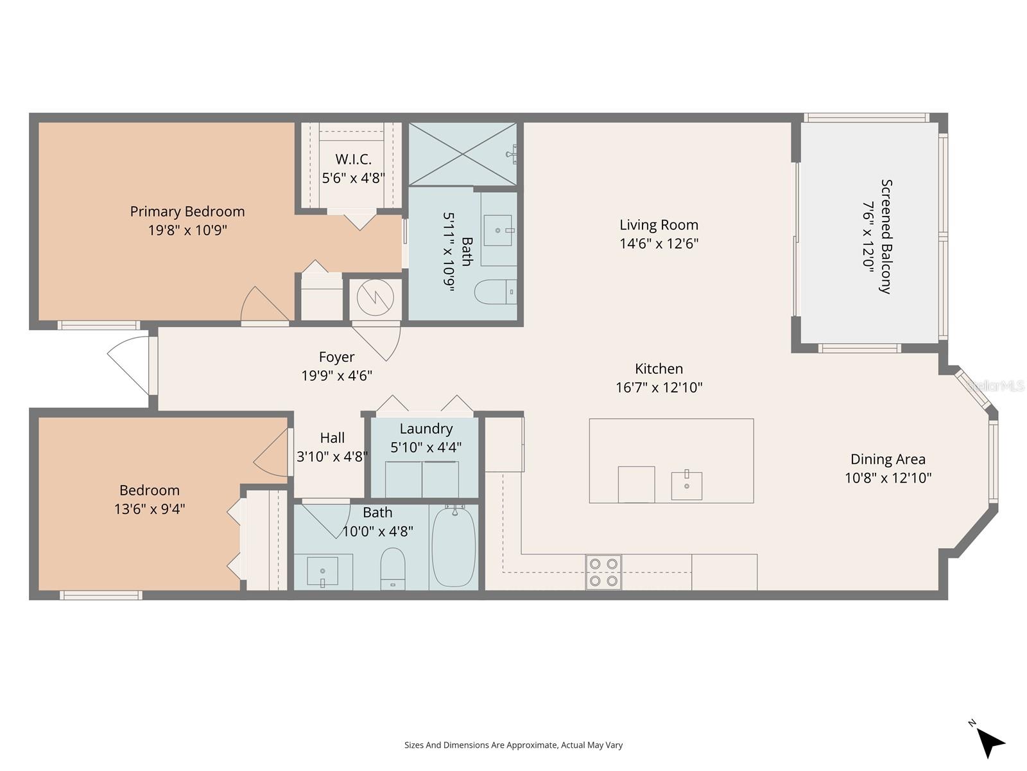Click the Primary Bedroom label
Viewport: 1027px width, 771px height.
click(187, 211)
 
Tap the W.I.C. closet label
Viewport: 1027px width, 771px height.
click(353, 159)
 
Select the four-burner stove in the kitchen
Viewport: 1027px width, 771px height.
click(603, 572)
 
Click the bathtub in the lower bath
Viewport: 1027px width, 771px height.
click(454, 546)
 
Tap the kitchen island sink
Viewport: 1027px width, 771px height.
click(686, 485)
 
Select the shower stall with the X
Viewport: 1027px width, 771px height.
click(462, 154)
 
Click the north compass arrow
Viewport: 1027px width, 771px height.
click(990, 743)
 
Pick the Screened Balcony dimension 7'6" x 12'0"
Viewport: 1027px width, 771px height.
click(868, 236)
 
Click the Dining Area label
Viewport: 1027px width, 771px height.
click(888, 459)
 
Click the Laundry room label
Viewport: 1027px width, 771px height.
click(426, 429)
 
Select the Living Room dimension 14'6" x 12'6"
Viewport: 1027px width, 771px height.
click(659, 244)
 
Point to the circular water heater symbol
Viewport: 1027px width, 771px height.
click(375, 297)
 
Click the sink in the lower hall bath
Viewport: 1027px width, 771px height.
click(322, 571)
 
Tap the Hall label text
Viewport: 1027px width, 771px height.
click(332, 438)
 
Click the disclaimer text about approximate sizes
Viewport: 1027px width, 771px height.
click(513, 745)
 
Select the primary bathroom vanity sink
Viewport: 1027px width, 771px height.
click(498, 230)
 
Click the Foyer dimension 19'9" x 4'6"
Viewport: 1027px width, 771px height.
click(336, 376)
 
